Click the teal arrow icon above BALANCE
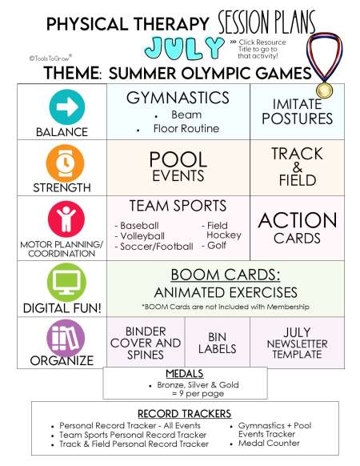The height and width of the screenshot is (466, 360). pos(67,107)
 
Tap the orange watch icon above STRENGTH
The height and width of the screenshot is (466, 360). pos(66,163)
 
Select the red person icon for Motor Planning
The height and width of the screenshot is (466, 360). pos(66,219)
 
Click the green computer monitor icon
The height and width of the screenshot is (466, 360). pos(66,283)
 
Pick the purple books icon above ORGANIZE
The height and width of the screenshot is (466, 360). pos(66,338)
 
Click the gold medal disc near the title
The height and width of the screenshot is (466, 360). pos(324,90)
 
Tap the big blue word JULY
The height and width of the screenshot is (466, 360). pos(185,48)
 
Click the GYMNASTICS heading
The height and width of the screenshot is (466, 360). pos(178,98)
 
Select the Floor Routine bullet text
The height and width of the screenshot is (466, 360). pos(186,128)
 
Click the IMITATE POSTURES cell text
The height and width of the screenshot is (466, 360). pos(297,111)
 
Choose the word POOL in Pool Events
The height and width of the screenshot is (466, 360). pos(178,159)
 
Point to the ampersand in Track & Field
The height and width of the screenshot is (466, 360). pos(297,167)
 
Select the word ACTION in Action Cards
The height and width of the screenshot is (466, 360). pos(298,220)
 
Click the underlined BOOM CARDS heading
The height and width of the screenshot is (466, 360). pos(226,275)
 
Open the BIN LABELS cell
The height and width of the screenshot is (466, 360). pos(217,343)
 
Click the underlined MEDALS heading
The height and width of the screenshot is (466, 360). pos(185,374)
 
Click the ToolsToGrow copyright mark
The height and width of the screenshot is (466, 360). pos(50,58)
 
